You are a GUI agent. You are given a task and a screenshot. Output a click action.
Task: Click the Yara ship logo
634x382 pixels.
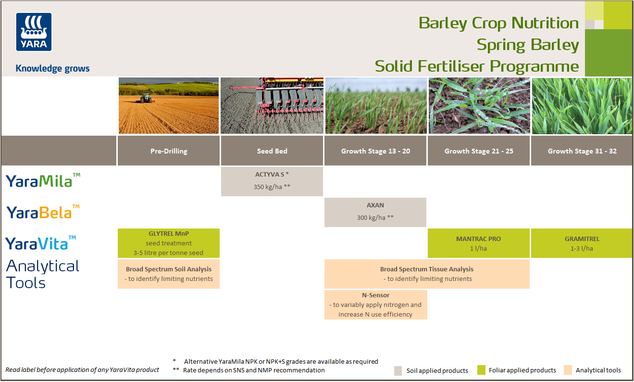pos(34,31)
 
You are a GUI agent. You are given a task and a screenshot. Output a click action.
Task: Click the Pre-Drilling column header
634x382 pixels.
pos(169,151)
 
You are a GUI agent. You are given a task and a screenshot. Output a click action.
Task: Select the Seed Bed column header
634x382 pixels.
pos(272,151)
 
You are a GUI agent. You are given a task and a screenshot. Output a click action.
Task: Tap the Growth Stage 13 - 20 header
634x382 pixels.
pos(375,151)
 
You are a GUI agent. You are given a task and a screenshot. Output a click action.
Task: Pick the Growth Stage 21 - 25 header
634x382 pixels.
pos(479,151)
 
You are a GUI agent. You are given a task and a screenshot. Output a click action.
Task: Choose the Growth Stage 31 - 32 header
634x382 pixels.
pos(582,151)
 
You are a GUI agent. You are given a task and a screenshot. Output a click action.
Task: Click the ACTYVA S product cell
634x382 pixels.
pos(272,181)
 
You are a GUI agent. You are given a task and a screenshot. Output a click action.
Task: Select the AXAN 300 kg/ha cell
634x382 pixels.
pos(375,212)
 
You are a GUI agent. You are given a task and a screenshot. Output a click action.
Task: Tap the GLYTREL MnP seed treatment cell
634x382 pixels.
pos(169,243)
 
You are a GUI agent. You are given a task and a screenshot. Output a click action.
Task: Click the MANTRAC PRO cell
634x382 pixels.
pos(479,243)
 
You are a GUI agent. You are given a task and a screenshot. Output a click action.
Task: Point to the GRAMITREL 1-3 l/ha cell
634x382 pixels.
pos(582,243)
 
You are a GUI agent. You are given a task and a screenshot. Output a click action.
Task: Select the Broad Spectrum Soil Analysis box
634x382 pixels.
pos(169,274)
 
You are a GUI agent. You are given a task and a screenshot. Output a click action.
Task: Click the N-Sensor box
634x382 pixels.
pos(375,305)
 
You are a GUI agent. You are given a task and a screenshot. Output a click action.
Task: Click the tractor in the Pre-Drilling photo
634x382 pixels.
pos(145,98)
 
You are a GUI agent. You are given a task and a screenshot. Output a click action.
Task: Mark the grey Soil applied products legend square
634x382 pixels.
pos(398,370)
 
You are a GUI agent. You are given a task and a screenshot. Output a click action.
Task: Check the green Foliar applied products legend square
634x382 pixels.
pos(481,370)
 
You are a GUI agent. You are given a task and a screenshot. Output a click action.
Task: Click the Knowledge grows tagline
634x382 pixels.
pos(52,68)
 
